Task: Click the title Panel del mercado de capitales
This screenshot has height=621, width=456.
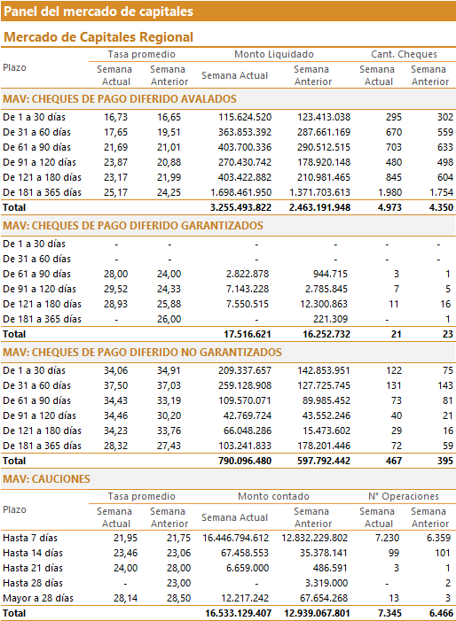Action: (x=98, y=12)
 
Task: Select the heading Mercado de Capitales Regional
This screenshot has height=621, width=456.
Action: (x=98, y=37)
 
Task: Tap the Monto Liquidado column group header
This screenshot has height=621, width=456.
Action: (x=274, y=54)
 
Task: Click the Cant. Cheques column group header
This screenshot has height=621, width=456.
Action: (x=404, y=54)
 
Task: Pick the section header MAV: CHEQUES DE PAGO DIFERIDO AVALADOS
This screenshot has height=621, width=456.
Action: (x=120, y=99)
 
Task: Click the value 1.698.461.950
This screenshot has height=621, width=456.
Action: (x=241, y=192)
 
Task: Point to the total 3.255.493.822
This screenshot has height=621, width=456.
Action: (x=240, y=207)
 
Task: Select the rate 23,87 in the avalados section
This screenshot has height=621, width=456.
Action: (x=116, y=162)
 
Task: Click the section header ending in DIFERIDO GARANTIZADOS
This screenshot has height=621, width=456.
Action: (x=133, y=226)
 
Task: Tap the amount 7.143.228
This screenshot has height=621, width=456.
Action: (x=248, y=289)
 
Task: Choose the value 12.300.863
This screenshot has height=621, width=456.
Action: (x=324, y=304)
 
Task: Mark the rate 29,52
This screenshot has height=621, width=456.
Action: (x=116, y=289)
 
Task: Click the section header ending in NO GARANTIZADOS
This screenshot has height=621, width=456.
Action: (x=142, y=353)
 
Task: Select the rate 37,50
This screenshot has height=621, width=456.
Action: (x=116, y=385)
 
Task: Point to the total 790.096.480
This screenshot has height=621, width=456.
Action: (x=245, y=461)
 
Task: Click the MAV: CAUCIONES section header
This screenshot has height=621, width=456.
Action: (x=46, y=479)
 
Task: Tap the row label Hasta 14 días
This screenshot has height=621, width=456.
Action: (x=33, y=553)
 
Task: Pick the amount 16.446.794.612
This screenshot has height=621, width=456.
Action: (x=235, y=538)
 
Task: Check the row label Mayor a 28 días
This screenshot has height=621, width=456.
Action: (x=38, y=598)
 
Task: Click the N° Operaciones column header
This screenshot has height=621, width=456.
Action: (x=404, y=496)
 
